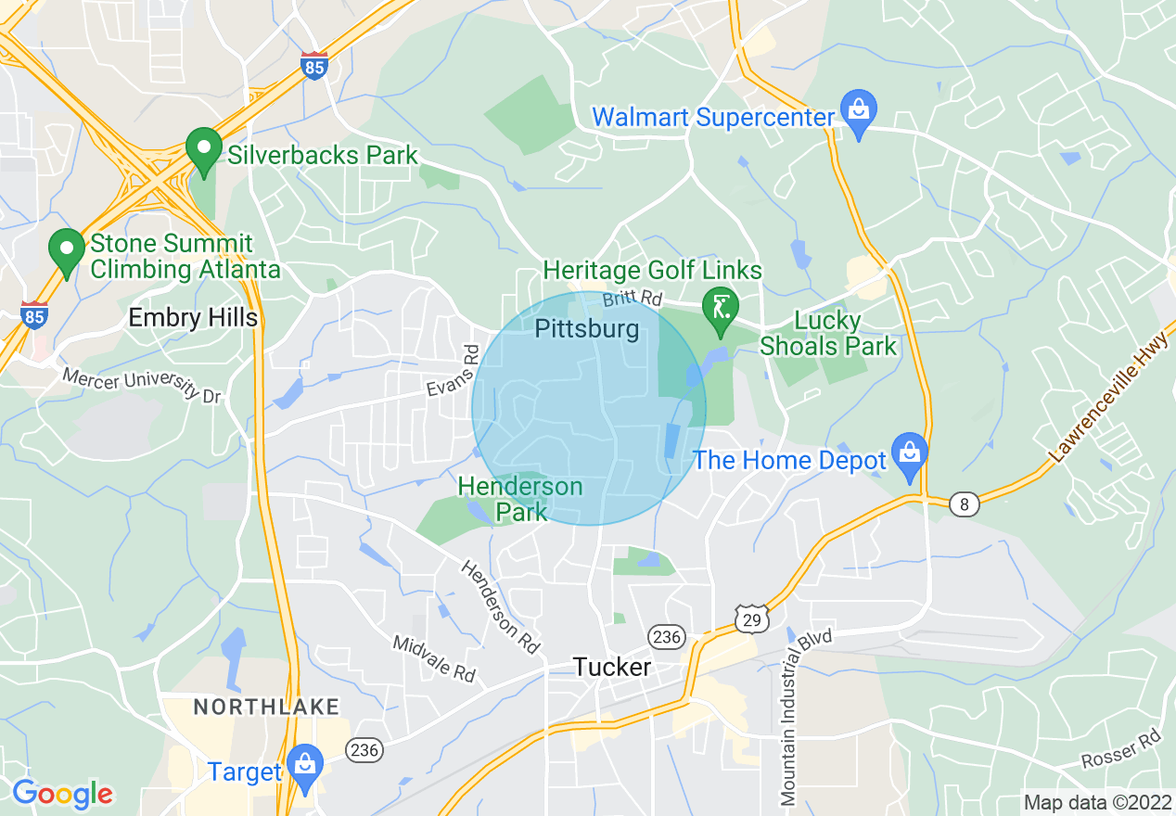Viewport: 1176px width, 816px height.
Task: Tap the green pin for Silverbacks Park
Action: pos(203,150)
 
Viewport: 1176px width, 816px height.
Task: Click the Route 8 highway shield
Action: pos(965,504)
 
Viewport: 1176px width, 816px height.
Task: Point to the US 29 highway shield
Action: pos(750,618)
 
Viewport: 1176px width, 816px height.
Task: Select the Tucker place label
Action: pos(611,667)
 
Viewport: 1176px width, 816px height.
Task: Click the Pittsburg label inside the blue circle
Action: pos(587,328)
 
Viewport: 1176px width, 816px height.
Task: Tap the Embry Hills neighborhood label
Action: pos(193,317)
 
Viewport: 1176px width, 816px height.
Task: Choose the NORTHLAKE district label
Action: pos(266,708)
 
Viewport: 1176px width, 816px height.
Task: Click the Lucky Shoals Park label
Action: pos(828,334)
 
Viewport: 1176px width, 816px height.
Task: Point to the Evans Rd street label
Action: pos(451,373)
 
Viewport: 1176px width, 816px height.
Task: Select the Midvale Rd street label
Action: pos(434,658)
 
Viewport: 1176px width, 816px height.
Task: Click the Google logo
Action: pos(62,793)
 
